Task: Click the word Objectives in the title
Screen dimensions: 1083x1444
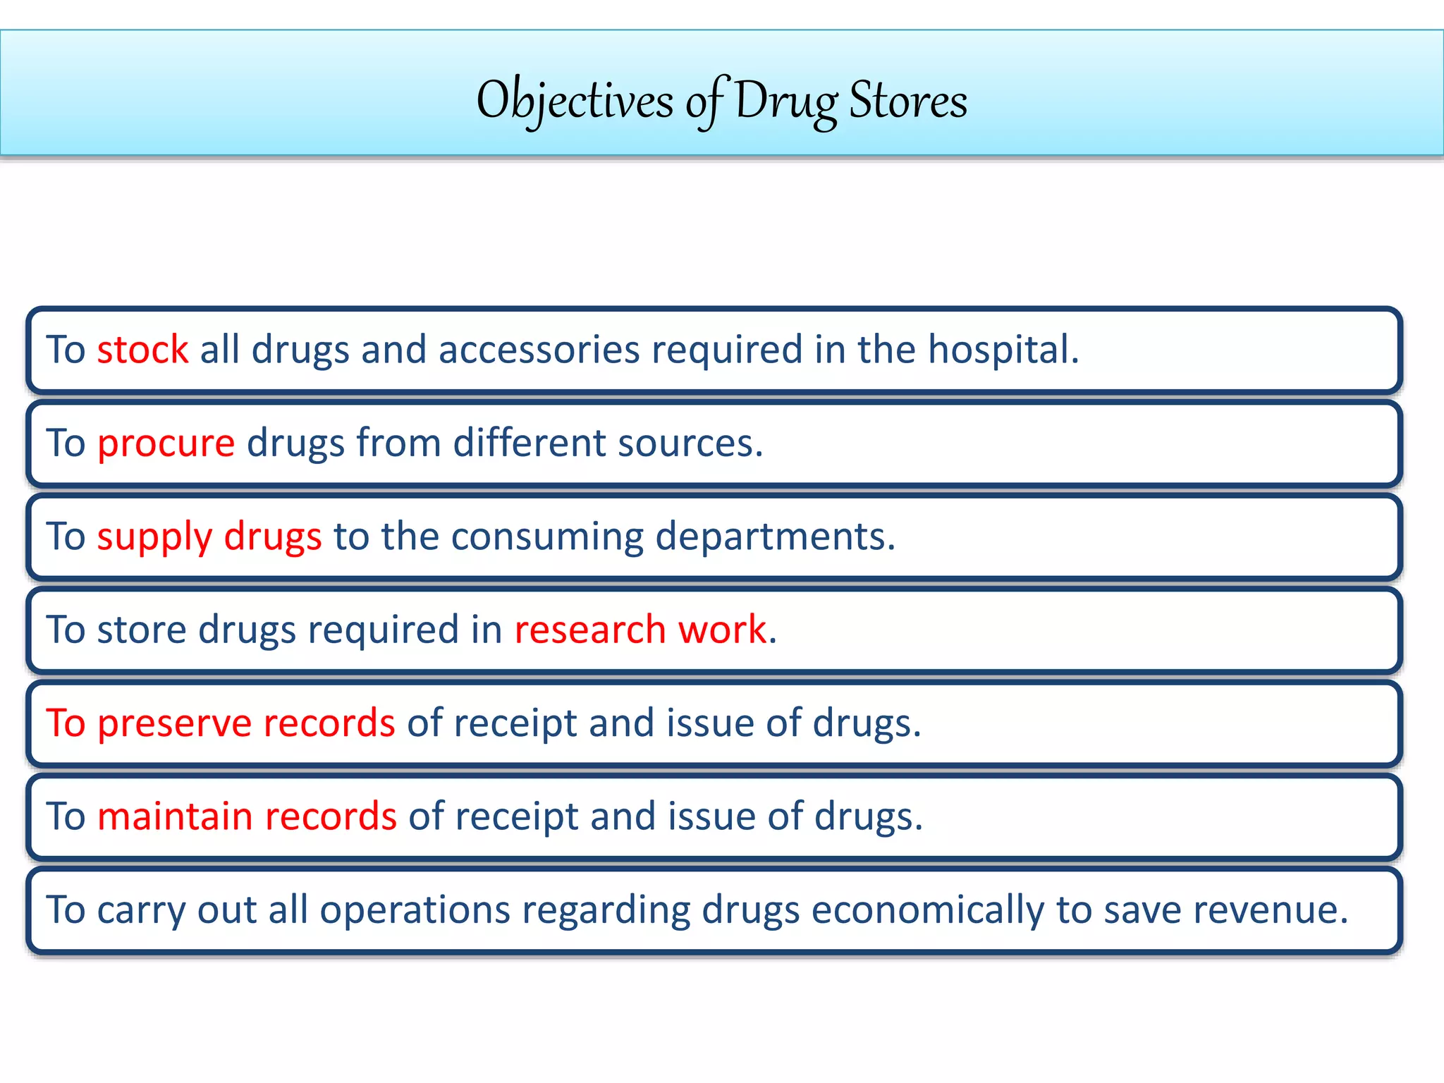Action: click(x=575, y=101)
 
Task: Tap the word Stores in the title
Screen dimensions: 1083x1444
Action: click(x=908, y=101)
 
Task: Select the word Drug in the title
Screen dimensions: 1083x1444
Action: click(x=785, y=101)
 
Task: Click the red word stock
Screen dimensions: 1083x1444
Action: click(x=142, y=350)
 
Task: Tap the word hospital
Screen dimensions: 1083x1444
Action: click(x=1002, y=350)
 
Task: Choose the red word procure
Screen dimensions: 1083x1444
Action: click(x=166, y=443)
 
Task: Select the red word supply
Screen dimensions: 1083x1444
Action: click(x=154, y=537)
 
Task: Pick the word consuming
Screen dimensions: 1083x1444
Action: click(x=547, y=537)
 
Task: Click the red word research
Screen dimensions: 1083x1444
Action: click(x=589, y=630)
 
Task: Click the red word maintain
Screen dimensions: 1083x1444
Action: click(x=175, y=816)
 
